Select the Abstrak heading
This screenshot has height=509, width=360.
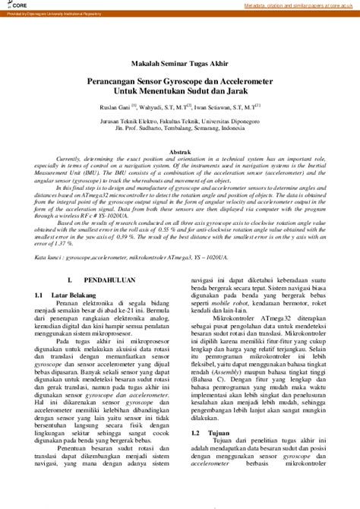[x=180, y=152]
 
